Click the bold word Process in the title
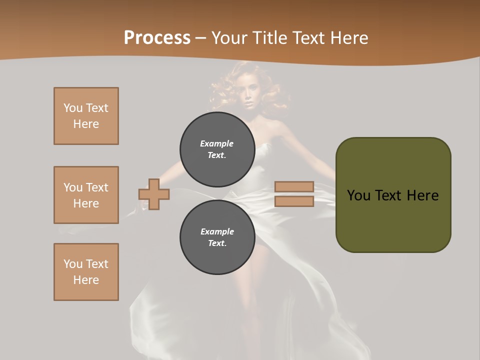[x=157, y=38]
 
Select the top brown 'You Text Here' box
[x=86, y=116]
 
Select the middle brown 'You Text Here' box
[x=86, y=195]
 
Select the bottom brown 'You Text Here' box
[x=86, y=272]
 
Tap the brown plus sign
[x=154, y=194]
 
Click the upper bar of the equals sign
[x=294, y=186]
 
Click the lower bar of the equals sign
[x=294, y=201]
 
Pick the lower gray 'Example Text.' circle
[x=217, y=237]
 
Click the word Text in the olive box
[x=389, y=195]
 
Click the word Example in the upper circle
[x=217, y=143]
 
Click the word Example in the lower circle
[x=217, y=231]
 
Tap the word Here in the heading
[x=349, y=38]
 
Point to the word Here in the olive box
[x=422, y=195]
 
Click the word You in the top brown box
[x=72, y=108]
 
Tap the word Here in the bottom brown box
[x=86, y=280]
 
